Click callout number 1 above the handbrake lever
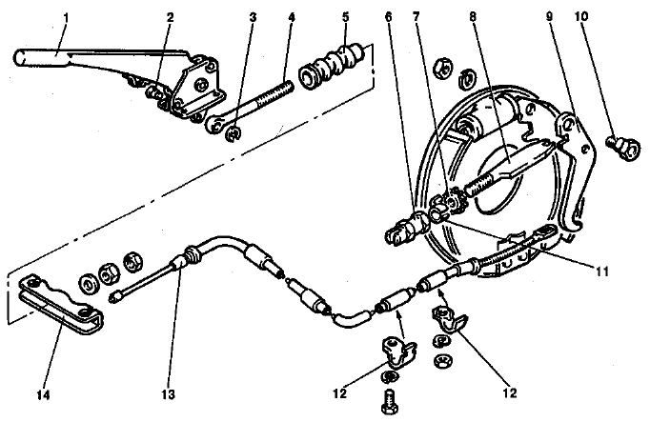(x=67, y=18)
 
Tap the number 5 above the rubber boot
(x=345, y=17)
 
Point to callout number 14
(x=43, y=395)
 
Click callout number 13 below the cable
(x=169, y=394)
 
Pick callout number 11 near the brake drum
(x=601, y=271)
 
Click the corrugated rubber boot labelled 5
(x=333, y=67)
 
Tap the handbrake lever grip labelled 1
(x=41, y=58)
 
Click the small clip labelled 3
(x=234, y=134)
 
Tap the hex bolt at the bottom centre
(x=390, y=401)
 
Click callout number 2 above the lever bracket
(x=170, y=17)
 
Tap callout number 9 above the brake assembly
(x=549, y=17)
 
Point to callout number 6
(x=388, y=17)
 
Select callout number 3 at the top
(x=253, y=17)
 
